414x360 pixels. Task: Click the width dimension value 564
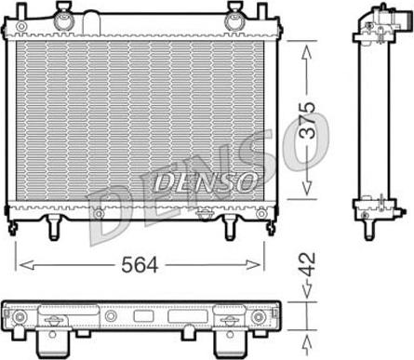[x=140, y=265]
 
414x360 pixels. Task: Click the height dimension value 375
[x=307, y=119]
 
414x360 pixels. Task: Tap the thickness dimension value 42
[x=307, y=264]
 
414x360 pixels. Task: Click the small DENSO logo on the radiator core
[x=206, y=181]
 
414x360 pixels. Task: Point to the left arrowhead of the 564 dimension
[x=26, y=265]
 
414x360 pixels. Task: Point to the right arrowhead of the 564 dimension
[x=252, y=265]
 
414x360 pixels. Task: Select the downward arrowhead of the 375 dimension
[x=307, y=188]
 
